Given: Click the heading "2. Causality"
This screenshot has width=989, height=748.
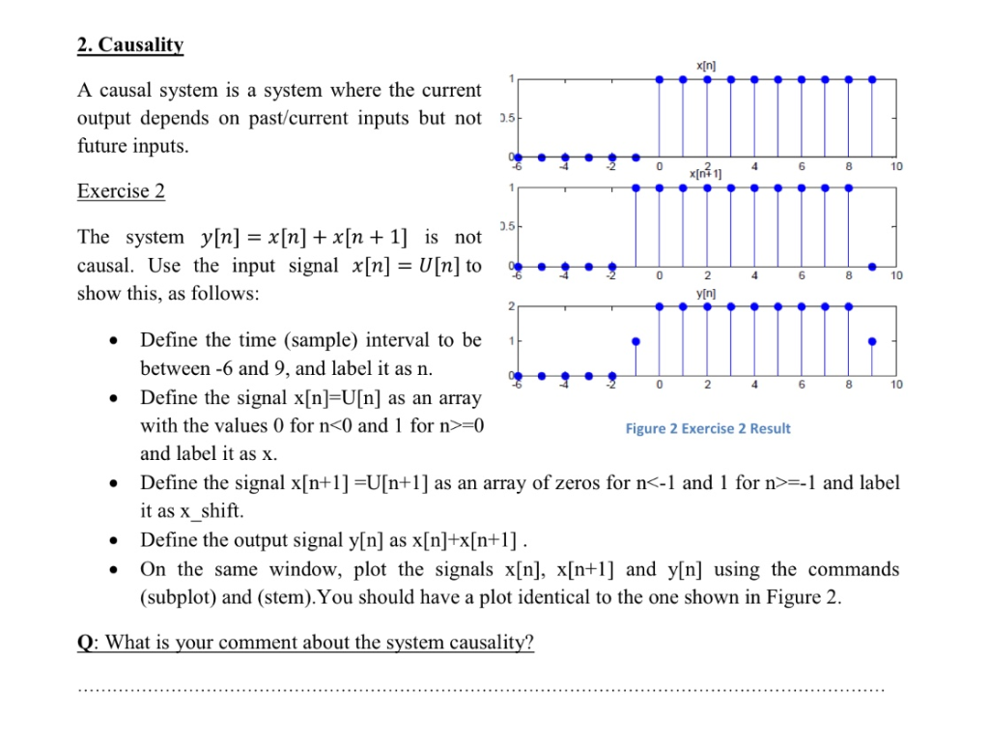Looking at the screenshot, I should pos(130,44).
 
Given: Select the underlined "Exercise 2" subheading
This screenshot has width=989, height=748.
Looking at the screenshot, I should pos(121,190).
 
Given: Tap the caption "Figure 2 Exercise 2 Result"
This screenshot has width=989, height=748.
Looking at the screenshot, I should pos(707,428).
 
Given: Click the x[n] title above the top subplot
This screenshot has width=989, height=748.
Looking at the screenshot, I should pos(706,64).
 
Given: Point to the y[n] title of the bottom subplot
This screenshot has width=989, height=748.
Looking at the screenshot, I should pos(706,293).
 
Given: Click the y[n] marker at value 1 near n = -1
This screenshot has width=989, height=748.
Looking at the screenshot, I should pos(635,341).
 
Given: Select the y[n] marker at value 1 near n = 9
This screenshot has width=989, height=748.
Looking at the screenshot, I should pos(872,341).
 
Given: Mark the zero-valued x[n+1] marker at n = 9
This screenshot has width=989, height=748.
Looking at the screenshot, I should pos(872,266).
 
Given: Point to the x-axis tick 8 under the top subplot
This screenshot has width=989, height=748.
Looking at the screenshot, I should pos(849,166).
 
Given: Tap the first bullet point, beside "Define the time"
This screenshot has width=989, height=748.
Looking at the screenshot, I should pos(116,340).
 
